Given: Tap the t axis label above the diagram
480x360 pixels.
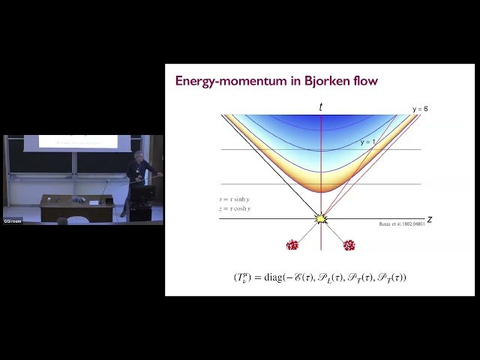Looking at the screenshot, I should (x=321, y=107).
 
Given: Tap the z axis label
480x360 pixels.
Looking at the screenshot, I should (x=430, y=219).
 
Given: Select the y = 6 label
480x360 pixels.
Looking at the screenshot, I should (x=420, y=109).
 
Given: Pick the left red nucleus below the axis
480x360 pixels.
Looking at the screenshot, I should (x=292, y=245).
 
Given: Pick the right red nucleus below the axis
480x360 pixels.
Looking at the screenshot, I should (x=349, y=245).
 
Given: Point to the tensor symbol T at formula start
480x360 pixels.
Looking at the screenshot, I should (x=242, y=277).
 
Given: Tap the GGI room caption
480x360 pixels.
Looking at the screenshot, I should (x=13, y=221).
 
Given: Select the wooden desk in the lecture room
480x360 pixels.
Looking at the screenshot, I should (x=76, y=207).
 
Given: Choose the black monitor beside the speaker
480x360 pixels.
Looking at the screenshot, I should (x=143, y=193).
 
